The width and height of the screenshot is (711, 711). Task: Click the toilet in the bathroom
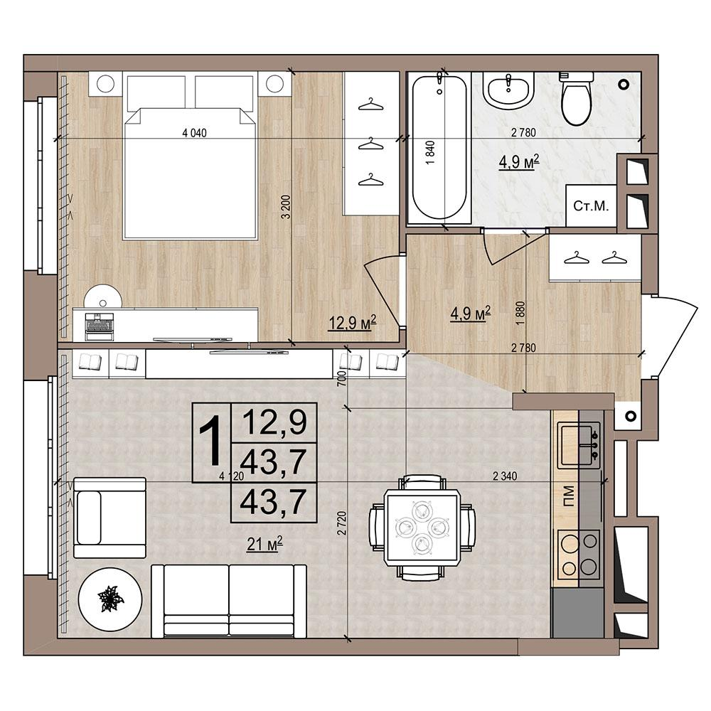click(x=577, y=98)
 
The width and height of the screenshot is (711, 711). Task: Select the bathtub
click(x=439, y=147)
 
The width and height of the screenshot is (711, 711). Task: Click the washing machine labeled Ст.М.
click(x=591, y=206)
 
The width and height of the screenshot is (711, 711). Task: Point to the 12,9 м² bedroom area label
click(x=353, y=323)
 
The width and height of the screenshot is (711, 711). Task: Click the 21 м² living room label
click(x=264, y=543)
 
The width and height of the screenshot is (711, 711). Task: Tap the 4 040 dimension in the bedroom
click(x=194, y=133)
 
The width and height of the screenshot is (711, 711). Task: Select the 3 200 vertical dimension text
click(x=286, y=207)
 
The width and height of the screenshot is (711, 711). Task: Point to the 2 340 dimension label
click(x=505, y=476)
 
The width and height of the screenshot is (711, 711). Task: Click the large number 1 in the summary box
click(x=211, y=442)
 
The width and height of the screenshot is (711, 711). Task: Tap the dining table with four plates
click(x=422, y=528)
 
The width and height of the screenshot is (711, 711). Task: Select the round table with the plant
click(x=109, y=599)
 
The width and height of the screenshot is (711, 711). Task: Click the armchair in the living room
click(x=109, y=518)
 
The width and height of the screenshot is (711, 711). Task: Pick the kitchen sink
click(x=579, y=445)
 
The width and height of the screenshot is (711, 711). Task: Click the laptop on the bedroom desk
click(x=100, y=326)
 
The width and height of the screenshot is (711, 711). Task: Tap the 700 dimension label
click(x=342, y=378)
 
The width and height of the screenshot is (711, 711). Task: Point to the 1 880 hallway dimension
click(x=520, y=312)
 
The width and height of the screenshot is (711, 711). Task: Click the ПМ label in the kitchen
click(x=567, y=496)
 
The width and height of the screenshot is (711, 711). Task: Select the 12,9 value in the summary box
click(x=274, y=422)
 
